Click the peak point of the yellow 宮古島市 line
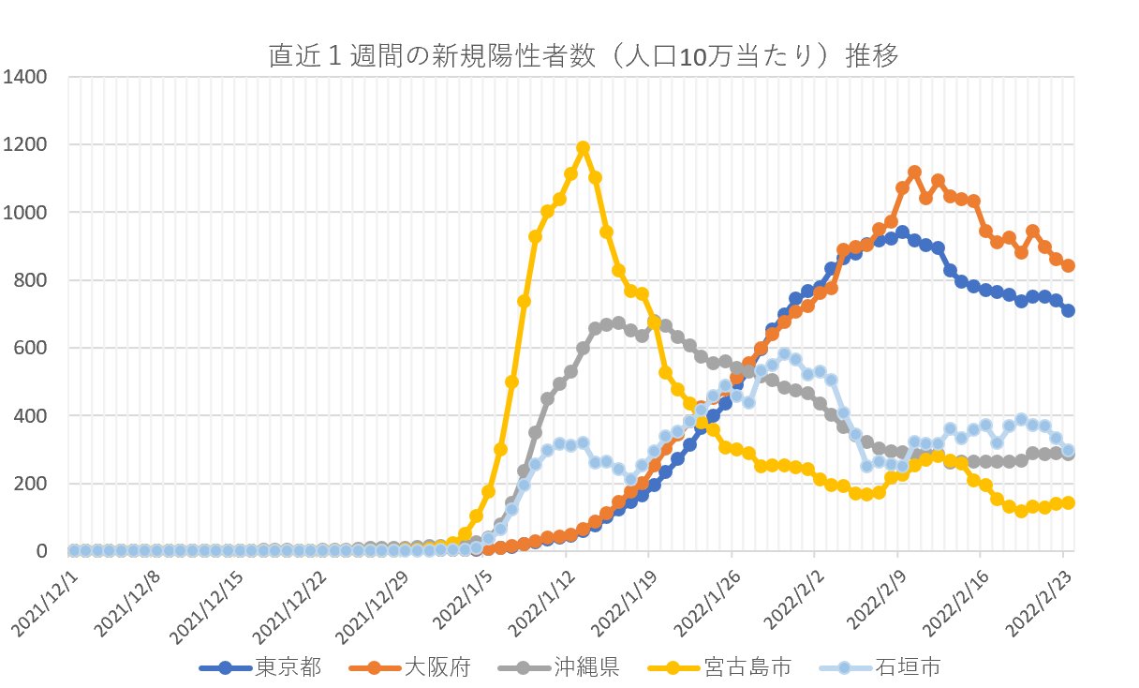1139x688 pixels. (x=583, y=148)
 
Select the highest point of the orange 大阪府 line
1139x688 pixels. (x=914, y=172)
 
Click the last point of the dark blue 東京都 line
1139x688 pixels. (x=1068, y=310)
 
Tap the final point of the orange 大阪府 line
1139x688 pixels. (x=1068, y=265)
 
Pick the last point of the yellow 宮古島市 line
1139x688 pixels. (x=1068, y=502)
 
